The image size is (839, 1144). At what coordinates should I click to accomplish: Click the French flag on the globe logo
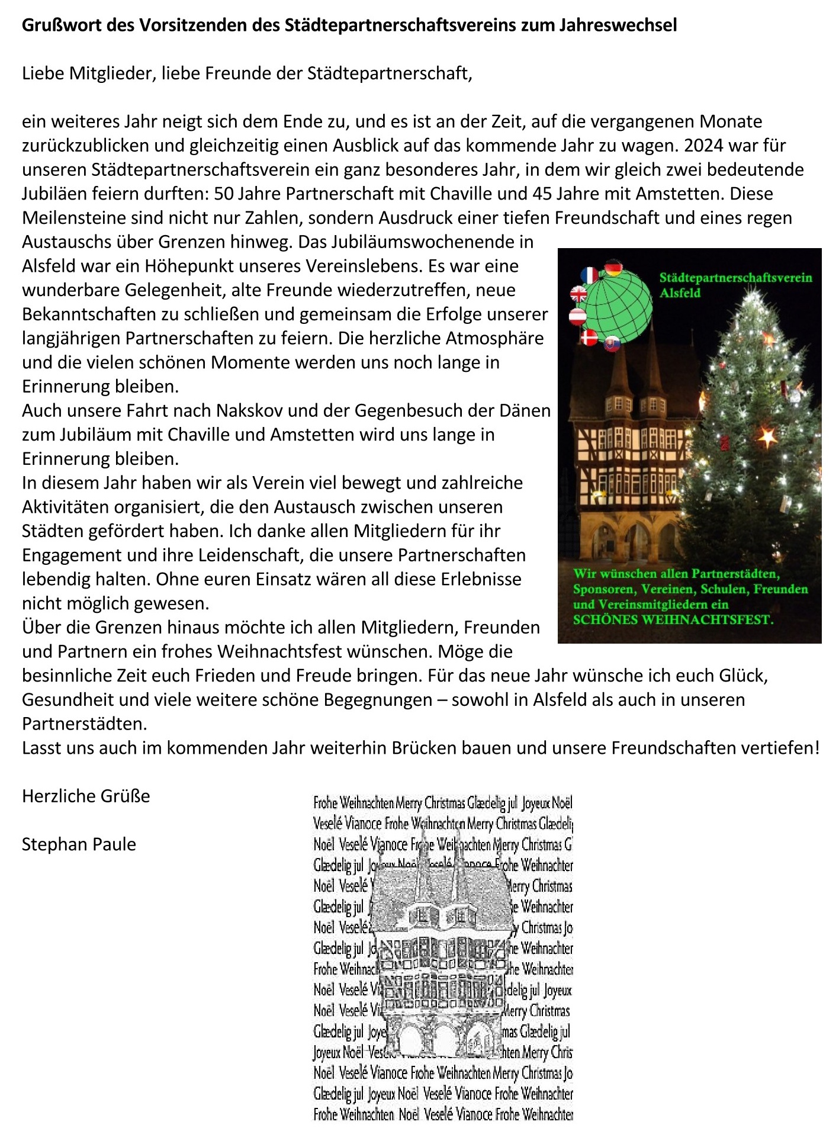tap(590, 276)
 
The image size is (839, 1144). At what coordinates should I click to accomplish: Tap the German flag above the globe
tap(614, 268)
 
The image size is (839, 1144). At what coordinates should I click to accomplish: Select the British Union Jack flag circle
tap(578, 294)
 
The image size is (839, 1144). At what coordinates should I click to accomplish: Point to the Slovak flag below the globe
tap(612, 343)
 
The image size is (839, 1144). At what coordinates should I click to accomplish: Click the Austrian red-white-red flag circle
tap(577, 316)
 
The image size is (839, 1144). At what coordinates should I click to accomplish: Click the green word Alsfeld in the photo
tap(680, 293)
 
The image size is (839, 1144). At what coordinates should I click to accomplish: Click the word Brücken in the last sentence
tap(424, 748)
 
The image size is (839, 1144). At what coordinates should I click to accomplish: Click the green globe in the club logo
tap(619, 306)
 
